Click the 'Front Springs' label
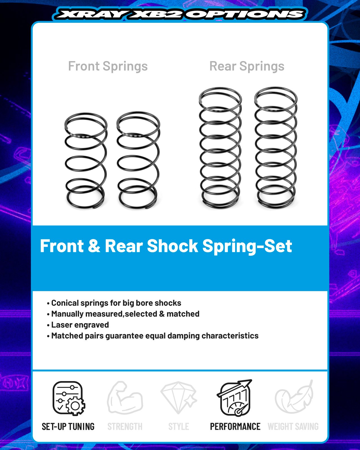[x=108, y=66]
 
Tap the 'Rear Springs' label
[x=247, y=66]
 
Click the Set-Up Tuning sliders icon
[x=69, y=398]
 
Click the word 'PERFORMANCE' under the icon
[x=235, y=427]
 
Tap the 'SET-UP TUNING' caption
[x=68, y=427]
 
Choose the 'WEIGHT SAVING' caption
[x=293, y=427]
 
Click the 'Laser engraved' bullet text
[x=80, y=325]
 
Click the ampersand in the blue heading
[x=94, y=246]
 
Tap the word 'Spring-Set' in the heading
[x=247, y=247]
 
